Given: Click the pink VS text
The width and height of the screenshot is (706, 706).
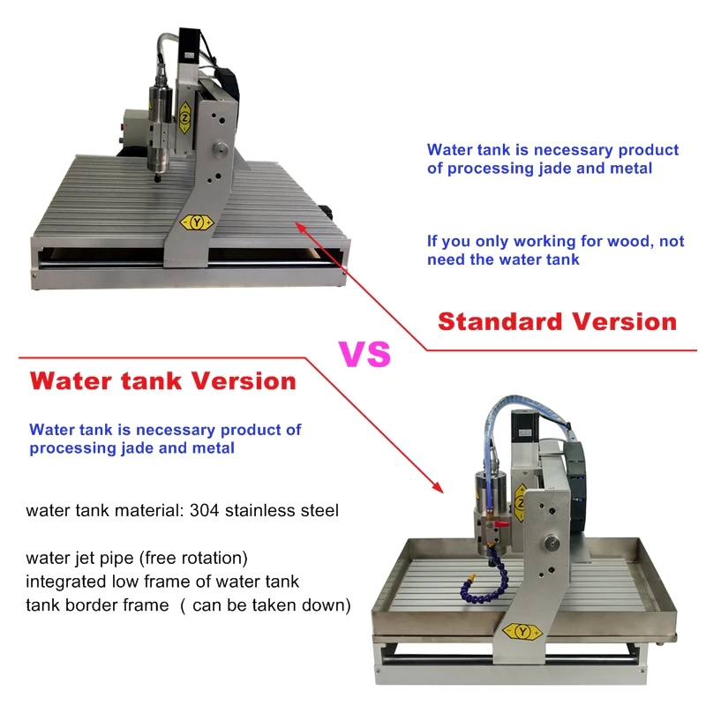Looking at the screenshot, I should (x=365, y=354).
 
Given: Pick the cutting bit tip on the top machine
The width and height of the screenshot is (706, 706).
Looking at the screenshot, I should (x=156, y=179).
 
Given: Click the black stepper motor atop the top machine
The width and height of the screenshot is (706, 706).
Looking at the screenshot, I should (x=188, y=45).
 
